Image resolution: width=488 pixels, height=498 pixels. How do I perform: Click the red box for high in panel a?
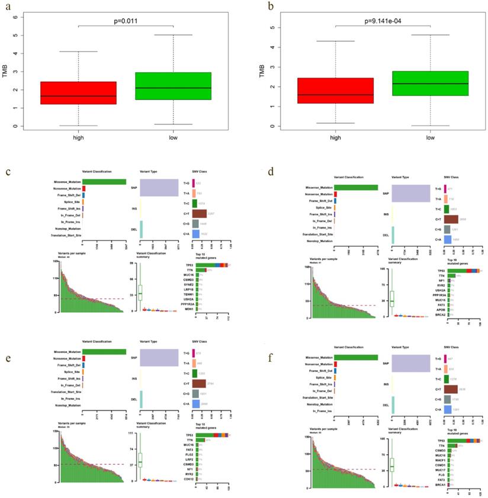click(78, 93)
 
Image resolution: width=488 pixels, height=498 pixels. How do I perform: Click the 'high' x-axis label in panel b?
click(335, 137)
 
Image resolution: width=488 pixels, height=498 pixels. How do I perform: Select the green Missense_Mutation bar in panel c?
click(104, 182)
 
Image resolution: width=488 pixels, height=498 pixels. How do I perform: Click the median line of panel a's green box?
click(171, 88)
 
